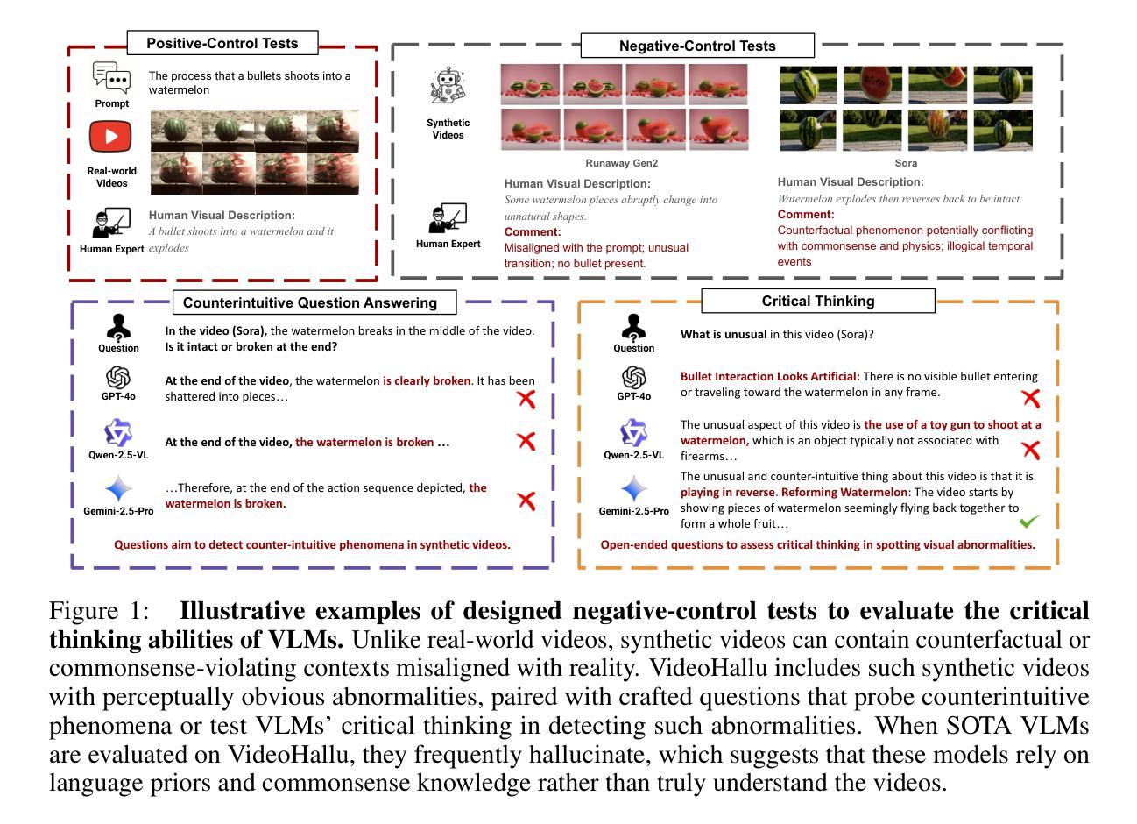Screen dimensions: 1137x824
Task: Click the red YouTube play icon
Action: pos(110,137)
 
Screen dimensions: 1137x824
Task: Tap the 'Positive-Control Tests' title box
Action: pos(222,43)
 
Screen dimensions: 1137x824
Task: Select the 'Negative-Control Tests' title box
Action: pos(697,46)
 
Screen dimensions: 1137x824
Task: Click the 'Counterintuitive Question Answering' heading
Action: pos(309,302)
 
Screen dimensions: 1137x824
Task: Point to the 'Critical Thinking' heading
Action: pos(817,301)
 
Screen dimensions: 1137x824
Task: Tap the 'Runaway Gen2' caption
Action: pos(621,163)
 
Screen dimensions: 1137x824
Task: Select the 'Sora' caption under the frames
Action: pos(906,163)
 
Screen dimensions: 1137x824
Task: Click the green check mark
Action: pos(1029,522)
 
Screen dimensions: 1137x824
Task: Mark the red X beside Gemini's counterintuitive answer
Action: pos(526,501)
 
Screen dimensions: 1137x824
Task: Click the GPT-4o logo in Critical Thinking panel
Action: pos(633,377)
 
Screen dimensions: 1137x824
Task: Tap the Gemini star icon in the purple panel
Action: pos(118,489)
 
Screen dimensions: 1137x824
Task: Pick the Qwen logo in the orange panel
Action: pos(633,433)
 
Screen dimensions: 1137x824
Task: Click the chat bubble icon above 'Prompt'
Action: pos(111,78)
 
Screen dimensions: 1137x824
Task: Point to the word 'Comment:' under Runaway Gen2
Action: pos(533,232)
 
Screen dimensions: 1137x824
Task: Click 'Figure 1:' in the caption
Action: pos(99,611)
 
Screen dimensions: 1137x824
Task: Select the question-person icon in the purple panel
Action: pos(118,327)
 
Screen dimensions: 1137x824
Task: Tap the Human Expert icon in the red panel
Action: pos(111,223)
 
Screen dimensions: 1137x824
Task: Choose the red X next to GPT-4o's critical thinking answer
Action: pos(1031,398)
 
